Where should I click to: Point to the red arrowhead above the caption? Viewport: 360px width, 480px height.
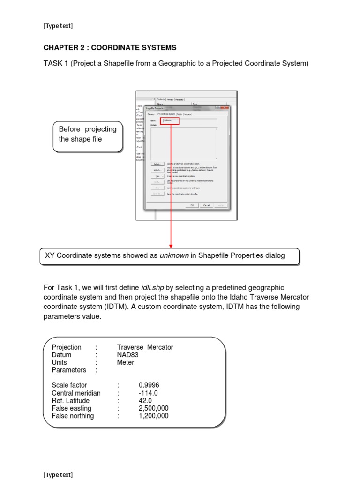pos(171,245)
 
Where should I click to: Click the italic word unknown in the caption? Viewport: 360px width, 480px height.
pos(174,255)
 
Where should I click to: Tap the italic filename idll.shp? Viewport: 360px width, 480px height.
pos(152,287)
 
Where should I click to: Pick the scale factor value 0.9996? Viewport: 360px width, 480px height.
pos(149,385)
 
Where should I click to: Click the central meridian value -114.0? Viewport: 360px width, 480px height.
pos(148,393)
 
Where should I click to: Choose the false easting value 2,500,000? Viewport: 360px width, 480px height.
pos(154,408)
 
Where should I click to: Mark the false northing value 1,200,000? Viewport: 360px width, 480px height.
pos(154,416)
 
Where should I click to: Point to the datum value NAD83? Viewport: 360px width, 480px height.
pos(128,355)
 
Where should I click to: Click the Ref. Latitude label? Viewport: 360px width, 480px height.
pos(70,401)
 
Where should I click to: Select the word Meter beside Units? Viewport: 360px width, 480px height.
pos(126,362)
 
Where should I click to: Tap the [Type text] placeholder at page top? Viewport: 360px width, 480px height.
pos(58,26)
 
